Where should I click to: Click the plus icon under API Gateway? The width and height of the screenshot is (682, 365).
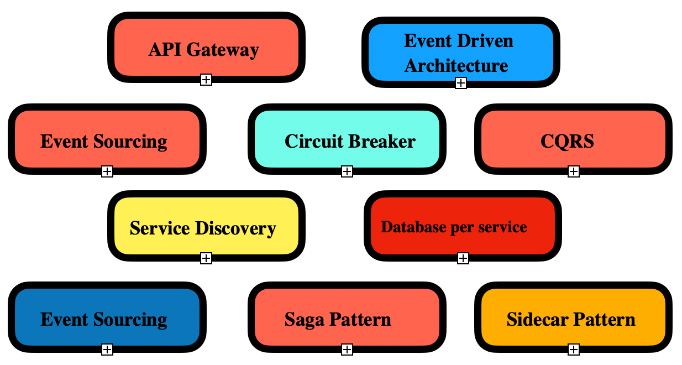206,80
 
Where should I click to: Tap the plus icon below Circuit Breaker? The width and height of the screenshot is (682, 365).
347,171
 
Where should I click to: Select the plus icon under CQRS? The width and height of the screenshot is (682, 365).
574,171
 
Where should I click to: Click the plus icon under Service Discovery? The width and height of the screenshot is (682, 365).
206,258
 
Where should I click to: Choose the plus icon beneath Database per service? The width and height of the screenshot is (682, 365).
463,258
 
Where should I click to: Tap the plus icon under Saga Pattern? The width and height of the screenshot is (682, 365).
347,349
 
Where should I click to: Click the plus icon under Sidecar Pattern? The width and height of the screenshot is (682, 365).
574,349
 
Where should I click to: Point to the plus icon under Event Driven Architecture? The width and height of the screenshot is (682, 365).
461,83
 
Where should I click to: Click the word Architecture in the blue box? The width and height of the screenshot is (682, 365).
456,65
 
